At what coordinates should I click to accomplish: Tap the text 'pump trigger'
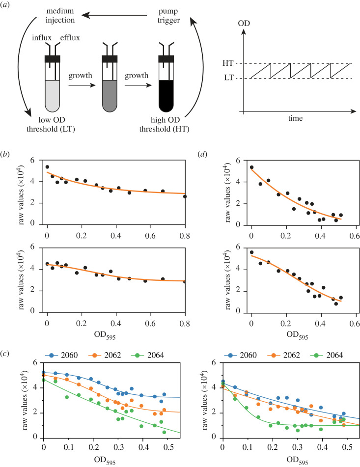coord(162,13)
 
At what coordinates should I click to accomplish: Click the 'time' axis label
coord(295,119)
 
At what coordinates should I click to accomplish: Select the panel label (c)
coord(8,342)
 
